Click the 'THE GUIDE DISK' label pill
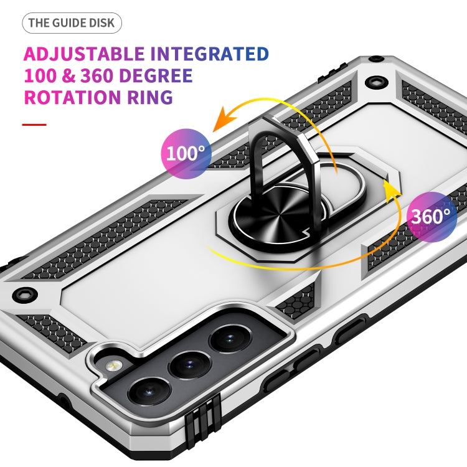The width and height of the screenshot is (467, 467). tap(72, 24)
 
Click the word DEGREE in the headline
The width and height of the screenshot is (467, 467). tap(154, 75)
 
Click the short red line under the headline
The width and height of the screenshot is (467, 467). tap(34, 125)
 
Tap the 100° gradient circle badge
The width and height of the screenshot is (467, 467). tap(186, 152)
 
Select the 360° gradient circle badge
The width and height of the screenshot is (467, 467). tap(431, 217)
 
